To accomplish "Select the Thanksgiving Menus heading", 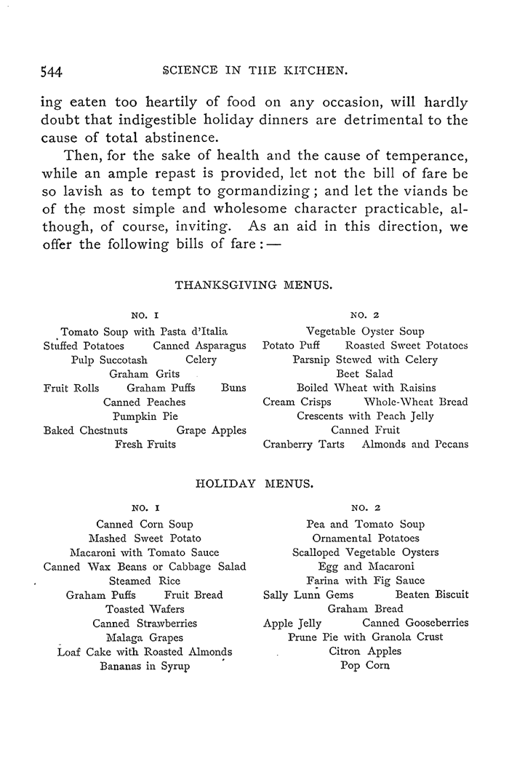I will [x=254, y=286].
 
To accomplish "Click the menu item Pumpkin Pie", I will [x=145, y=416].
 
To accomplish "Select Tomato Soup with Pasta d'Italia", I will [x=145, y=332].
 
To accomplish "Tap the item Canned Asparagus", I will [x=199, y=346].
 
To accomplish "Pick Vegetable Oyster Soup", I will [x=365, y=332].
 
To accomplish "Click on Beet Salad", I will [x=365, y=374].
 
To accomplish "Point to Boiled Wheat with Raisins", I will [x=365, y=388].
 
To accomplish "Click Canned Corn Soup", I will [x=145, y=524].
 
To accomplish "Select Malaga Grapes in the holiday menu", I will [x=145, y=637].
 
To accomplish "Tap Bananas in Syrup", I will [x=145, y=666].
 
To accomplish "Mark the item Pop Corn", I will [x=365, y=665].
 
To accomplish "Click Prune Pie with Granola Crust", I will [x=365, y=637].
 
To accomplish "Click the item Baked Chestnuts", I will [x=86, y=430].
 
